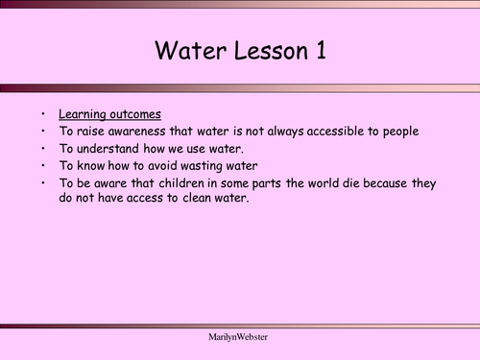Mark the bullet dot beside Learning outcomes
(43, 113)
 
